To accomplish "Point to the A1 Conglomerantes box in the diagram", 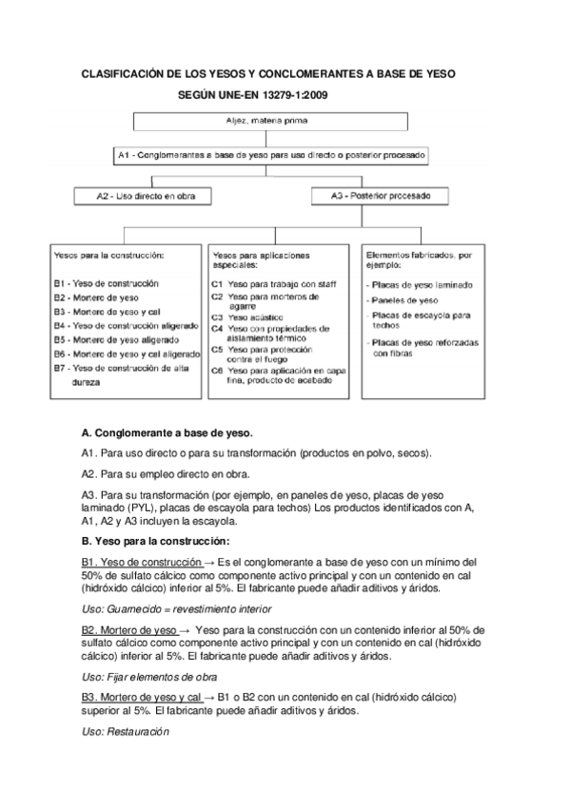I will [x=271, y=153].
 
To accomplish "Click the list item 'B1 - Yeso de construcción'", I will [x=106, y=283].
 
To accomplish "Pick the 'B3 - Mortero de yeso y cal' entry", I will [x=107, y=311].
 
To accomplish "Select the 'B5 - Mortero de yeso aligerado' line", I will [x=113, y=338].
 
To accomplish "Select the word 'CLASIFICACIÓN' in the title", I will [x=124, y=72].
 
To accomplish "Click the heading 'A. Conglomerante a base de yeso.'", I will [x=163, y=432].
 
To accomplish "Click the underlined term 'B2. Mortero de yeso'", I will [x=128, y=630].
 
